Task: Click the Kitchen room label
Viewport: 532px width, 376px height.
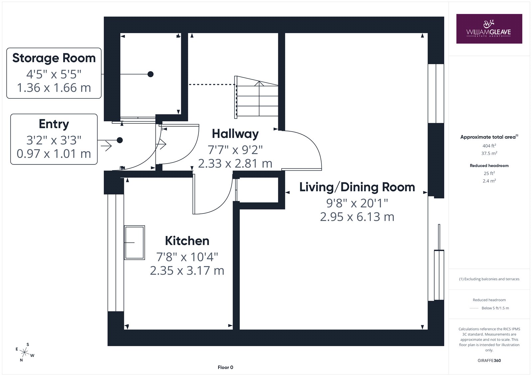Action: (x=187, y=241)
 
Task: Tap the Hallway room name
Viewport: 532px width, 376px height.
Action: (x=235, y=134)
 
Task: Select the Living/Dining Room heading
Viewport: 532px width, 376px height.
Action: (x=357, y=187)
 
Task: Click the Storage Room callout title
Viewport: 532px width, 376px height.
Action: (x=54, y=58)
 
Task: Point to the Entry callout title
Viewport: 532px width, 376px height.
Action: (x=54, y=124)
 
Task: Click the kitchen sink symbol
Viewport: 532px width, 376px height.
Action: (x=134, y=242)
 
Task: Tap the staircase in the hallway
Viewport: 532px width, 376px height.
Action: (x=256, y=97)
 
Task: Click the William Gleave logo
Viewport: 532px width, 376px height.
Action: (x=489, y=29)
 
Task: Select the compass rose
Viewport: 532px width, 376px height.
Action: (x=25, y=352)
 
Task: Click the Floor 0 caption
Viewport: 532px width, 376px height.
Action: (x=225, y=367)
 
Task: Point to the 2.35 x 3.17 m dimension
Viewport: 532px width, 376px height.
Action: (x=187, y=271)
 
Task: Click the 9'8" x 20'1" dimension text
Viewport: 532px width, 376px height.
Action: (x=357, y=203)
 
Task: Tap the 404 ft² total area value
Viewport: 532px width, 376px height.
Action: (x=489, y=146)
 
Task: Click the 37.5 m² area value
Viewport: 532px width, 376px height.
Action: (x=489, y=153)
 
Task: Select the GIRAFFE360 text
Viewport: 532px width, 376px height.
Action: (x=489, y=360)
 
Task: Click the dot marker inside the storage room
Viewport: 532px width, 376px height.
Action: (x=150, y=74)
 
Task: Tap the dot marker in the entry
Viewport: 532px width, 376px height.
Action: (x=120, y=140)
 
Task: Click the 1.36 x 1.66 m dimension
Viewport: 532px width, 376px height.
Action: (x=54, y=88)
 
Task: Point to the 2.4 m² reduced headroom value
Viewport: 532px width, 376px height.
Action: (x=489, y=181)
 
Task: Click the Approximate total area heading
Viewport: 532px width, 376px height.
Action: (x=489, y=137)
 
